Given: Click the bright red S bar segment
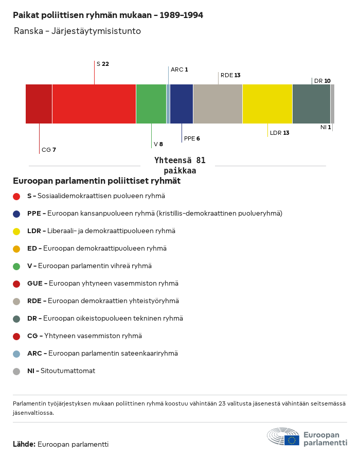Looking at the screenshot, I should pos(94,104).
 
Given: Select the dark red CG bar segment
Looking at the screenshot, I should pos(39,104).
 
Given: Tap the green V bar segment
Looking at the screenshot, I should pos(151,104).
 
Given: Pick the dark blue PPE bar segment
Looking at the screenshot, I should pos(182,104).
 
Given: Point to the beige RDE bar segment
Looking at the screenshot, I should pos(218,104).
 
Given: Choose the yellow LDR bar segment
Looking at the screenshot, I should pos(267,104).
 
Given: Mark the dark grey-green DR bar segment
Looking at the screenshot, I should pos(311,104).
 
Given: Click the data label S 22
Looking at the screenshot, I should pos(103,64).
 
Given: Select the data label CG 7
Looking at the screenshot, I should pos(49,150).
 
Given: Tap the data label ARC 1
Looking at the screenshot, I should pos(179,69).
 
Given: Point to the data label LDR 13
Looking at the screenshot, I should pos(280,133).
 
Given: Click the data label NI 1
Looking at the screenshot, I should pos(326,127).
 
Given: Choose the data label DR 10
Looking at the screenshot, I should pos(322,81).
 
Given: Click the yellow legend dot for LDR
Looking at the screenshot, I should pos(16,231).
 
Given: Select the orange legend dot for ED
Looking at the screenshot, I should pos(16,249).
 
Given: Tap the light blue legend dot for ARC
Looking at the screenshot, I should pos(16,354).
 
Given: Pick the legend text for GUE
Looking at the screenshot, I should pos(103,284).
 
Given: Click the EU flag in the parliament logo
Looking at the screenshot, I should pos(292,440).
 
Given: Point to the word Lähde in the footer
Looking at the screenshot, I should pos(24,444).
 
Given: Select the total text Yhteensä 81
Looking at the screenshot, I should pos(180,161).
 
